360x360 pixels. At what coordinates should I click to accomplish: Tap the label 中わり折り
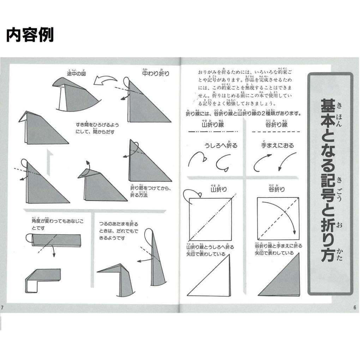point(156,73)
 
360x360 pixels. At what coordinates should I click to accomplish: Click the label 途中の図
point(77,73)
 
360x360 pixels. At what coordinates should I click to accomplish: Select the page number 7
point(2,307)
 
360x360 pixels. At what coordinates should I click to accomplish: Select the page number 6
point(355,307)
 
